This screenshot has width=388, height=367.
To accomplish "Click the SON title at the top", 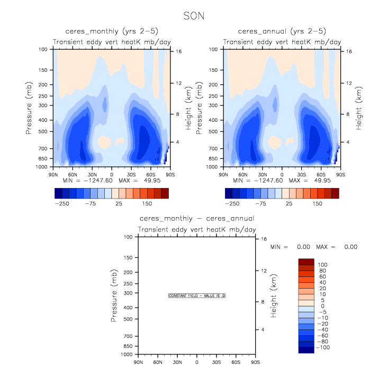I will (194, 16).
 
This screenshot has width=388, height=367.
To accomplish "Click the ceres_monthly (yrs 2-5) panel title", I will (112, 31).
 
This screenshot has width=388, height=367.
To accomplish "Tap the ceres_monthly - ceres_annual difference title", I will (197, 218).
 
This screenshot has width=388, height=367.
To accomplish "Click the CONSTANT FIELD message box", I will (197, 296).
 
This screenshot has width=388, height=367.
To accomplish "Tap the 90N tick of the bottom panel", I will (139, 362).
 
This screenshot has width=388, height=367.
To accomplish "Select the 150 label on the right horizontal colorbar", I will (318, 203).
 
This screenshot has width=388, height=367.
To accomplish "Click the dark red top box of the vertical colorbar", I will (306, 261).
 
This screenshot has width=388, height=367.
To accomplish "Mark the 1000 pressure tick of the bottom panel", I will (126, 354).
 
